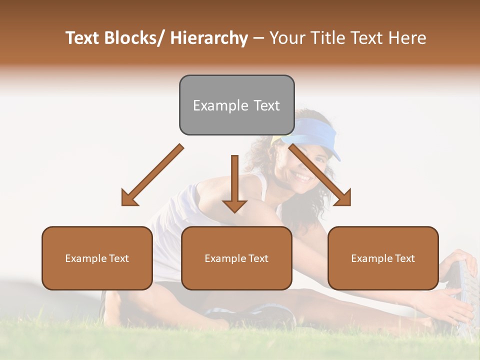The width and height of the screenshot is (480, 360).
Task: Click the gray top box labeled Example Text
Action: click(x=236, y=105)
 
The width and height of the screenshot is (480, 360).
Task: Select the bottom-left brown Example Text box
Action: click(x=97, y=258)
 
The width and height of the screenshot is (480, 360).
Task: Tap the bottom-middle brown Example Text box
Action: click(x=236, y=258)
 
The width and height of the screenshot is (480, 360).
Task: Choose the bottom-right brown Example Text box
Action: click(x=383, y=258)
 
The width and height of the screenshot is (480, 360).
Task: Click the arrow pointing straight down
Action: click(x=234, y=185)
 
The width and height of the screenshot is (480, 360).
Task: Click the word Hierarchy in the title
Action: click(x=209, y=38)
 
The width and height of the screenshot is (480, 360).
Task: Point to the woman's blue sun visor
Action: click(x=315, y=137)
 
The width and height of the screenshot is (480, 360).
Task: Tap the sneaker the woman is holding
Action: click(x=465, y=295)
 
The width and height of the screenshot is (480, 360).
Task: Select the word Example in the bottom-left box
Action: click(x=85, y=258)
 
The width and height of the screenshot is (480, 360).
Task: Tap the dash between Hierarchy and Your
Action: click(x=258, y=38)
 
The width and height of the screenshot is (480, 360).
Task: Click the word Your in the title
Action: click(x=286, y=38)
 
